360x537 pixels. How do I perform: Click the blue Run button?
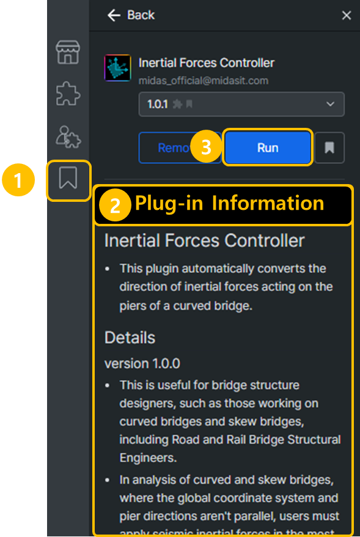coord(268,147)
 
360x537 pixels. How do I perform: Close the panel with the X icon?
coord(347,15)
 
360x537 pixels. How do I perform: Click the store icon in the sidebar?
coord(68,52)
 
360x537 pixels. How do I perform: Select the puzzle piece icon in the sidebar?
coord(68,95)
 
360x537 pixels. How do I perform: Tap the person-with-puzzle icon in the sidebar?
coord(68,136)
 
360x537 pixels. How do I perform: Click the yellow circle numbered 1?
coord(17,181)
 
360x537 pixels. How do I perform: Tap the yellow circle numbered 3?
coord(206,147)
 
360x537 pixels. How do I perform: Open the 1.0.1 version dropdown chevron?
coord(331,104)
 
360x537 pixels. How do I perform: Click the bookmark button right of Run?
coord(329,147)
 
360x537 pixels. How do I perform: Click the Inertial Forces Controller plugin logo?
coord(118,69)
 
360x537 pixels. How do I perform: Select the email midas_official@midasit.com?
coord(203,81)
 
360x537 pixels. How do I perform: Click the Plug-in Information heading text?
coord(229,203)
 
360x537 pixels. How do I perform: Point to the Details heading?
coord(130,338)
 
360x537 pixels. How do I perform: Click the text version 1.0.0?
coord(142,363)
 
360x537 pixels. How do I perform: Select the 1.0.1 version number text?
coord(158,105)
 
